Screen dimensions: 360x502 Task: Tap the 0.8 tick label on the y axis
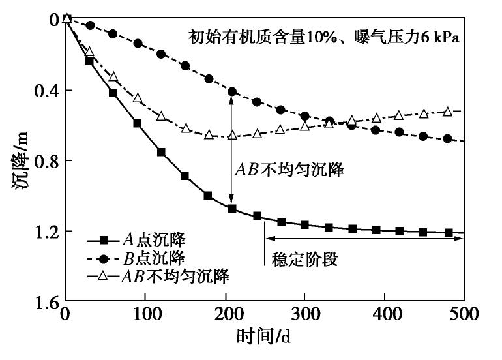[x=43, y=160]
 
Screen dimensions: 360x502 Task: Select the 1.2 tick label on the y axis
[x=43, y=232]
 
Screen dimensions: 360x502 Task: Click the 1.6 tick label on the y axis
[x=43, y=302]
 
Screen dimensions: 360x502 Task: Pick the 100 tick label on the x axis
[x=145, y=314]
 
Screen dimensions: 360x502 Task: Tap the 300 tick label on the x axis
[x=304, y=314]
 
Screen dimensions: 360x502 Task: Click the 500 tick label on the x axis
[x=464, y=314]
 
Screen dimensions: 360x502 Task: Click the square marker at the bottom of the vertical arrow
[x=231, y=209]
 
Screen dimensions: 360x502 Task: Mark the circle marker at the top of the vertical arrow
[x=231, y=91]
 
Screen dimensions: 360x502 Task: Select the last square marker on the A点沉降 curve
[x=449, y=232]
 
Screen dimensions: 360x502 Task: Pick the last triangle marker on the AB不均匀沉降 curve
[x=448, y=112]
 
